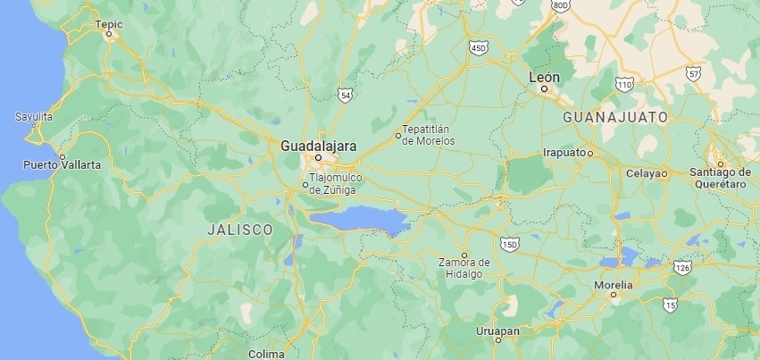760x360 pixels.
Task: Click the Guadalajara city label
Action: coord(318,145)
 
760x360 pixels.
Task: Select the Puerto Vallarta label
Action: coord(62,165)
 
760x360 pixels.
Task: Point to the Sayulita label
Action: coord(34,117)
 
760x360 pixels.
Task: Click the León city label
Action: coord(544,78)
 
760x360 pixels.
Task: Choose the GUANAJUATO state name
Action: coord(616,117)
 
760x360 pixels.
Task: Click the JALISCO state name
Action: coord(239,230)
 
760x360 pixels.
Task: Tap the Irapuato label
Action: coord(564,152)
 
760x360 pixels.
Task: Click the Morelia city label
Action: coord(613,285)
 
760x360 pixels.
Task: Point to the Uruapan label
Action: coord(497,331)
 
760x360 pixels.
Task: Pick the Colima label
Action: coord(266,354)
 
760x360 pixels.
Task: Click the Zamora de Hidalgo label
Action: coord(464,267)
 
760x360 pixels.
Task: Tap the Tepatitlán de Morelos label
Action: coord(429,136)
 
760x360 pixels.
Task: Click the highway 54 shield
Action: coord(346,94)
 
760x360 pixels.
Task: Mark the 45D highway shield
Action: coord(480,47)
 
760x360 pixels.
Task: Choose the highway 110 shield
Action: coord(624,83)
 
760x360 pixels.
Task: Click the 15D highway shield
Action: coord(510,243)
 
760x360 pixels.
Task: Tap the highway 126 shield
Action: coord(683,267)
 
